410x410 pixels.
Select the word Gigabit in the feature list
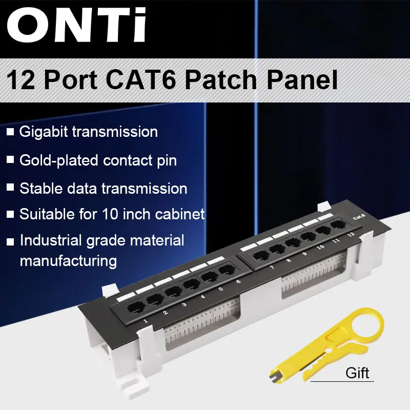click(x=44, y=132)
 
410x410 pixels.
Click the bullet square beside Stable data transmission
click(x=10, y=188)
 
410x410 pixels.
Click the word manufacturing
click(x=68, y=260)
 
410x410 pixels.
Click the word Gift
click(x=357, y=372)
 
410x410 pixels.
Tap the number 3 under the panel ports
click(x=184, y=304)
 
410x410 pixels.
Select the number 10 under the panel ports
click(x=320, y=247)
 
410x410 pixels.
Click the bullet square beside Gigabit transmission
click(x=10, y=132)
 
